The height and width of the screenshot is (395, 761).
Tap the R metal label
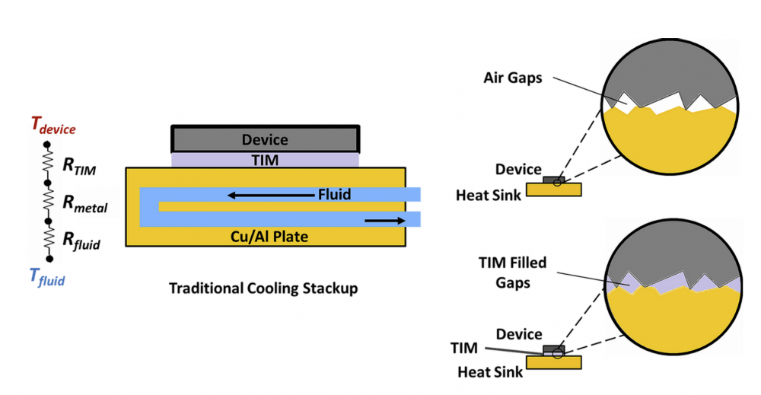pyautogui.click(x=84, y=203)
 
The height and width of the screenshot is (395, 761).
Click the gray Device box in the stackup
pyautogui.click(x=265, y=139)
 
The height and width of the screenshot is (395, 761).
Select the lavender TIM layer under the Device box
pyautogui.click(x=265, y=160)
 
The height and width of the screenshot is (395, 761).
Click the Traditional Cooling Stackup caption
pyautogui.click(x=263, y=288)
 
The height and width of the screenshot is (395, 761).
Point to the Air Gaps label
pyautogui.click(x=513, y=78)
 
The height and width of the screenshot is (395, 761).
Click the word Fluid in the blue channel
pyautogui.click(x=334, y=195)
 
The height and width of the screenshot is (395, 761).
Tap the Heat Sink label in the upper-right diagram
pyautogui.click(x=489, y=196)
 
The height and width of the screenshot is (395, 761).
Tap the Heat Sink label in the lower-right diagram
pyautogui.click(x=489, y=371)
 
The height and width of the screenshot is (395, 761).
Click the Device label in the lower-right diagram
pyautogui.click(x=518, y=334)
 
